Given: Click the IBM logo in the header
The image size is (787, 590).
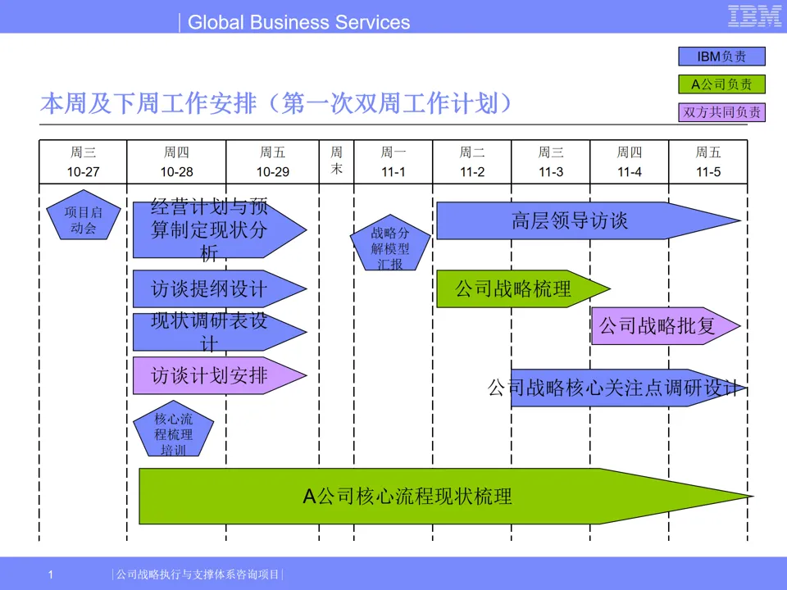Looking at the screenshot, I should [x=754, y=16].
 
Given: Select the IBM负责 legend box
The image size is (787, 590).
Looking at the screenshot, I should [x=721, y=57].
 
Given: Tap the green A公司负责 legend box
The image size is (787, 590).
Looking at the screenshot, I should [x=721, y=84].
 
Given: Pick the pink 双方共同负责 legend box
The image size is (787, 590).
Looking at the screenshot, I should [x=721, y=112].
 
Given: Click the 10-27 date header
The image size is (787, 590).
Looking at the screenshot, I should [x=83, y=172].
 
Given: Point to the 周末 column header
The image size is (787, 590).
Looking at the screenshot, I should [x=337, y=161].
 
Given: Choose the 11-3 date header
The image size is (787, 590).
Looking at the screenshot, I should [x=551, y=172].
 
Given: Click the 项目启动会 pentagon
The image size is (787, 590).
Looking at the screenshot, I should [x=83, y=219].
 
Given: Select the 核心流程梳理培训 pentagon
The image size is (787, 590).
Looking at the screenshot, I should [x=173, y=432].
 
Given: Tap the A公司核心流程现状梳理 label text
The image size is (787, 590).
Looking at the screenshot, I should [x=407, y=496].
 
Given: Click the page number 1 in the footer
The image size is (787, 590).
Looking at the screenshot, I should [x=50, y=574].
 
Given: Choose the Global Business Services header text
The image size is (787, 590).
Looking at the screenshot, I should [x=298, y=22].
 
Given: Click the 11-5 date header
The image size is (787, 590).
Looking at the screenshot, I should [x=708, y=172].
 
